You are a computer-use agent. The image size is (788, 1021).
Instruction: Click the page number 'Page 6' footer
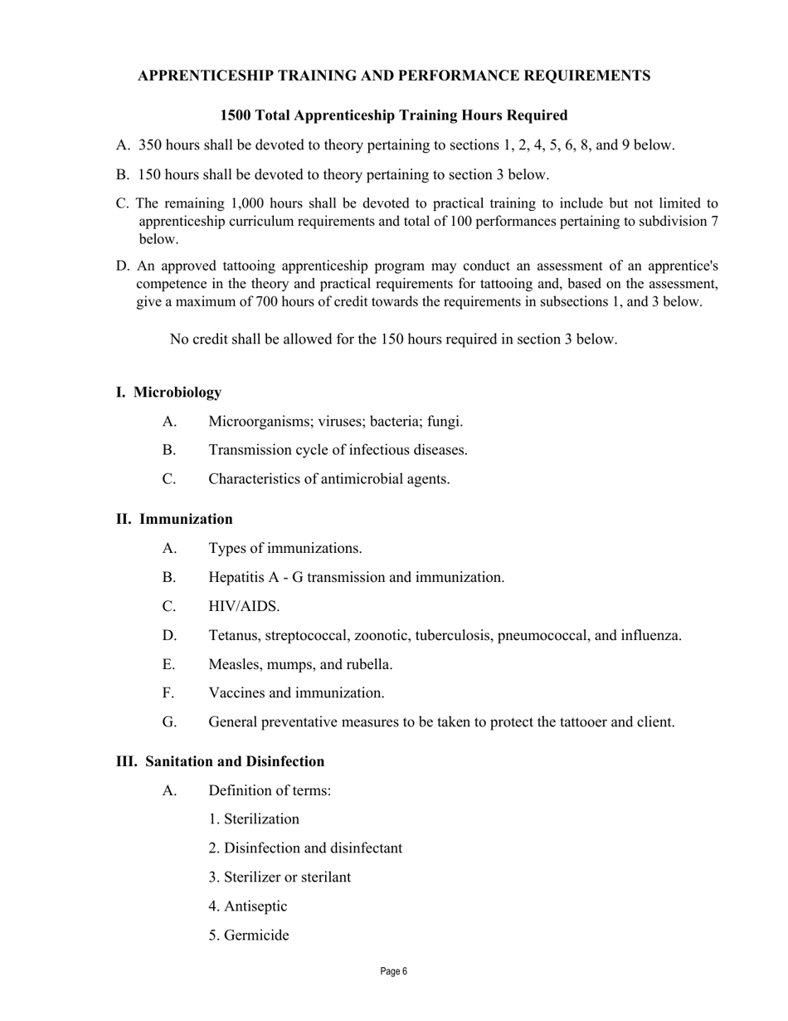(394, 971)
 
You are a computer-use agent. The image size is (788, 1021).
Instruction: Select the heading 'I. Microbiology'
(168, 392)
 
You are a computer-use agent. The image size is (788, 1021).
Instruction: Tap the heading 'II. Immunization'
(174, 519)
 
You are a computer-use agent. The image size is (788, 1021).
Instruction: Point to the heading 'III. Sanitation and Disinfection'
(220, 761)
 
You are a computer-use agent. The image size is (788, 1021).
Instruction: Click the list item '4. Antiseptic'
(248, 906)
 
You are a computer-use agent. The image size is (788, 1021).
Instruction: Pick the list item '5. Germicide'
(249, 936)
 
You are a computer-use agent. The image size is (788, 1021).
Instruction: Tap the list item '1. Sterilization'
(254, 819)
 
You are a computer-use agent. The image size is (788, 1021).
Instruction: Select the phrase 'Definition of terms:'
(270, 790)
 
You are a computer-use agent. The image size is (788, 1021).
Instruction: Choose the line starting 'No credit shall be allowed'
(393, 340)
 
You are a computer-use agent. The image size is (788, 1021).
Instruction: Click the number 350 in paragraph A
(150, 145)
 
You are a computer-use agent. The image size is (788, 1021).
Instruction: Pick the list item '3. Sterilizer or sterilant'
(280, 877)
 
